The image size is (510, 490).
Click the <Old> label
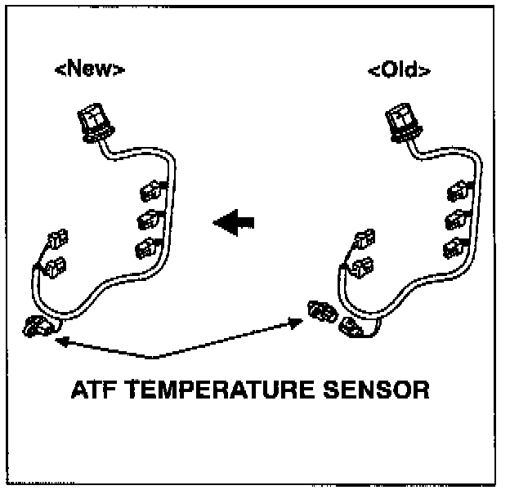click(400, 69)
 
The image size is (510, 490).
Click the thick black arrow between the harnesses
click(234, 221)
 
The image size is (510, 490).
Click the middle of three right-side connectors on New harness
click(148, 219)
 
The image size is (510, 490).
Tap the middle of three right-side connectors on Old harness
click(455, 219)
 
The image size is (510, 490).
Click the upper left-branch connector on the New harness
click(56, 241)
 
